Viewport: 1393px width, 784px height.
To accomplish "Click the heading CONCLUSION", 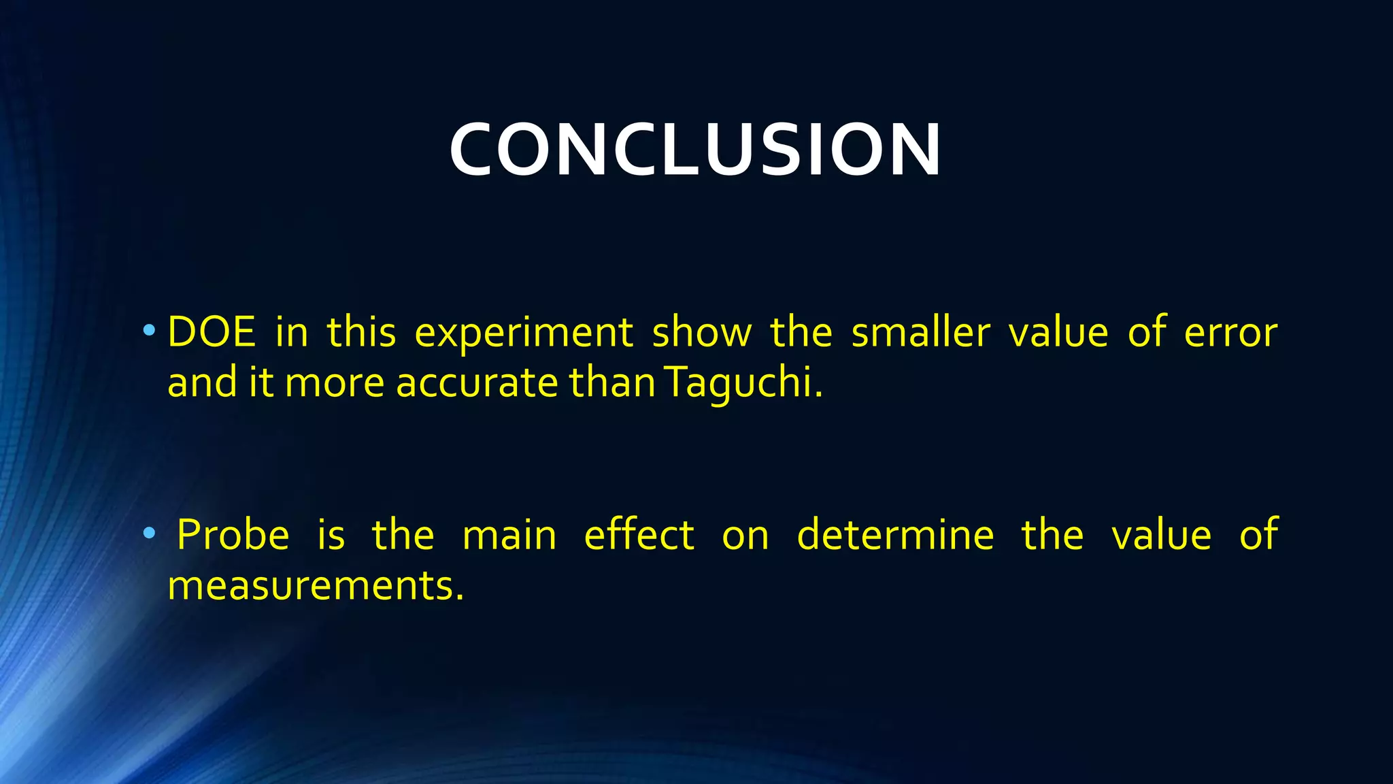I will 695,150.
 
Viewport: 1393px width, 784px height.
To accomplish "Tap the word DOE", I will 211,333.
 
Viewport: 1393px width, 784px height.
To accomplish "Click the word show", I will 702,333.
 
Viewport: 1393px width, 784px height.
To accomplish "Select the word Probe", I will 233,535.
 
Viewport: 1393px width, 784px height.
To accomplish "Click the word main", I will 509,536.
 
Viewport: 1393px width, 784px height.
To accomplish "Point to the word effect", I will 639,535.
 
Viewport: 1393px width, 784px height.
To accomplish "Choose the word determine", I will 895,535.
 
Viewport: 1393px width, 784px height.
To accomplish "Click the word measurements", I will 316,586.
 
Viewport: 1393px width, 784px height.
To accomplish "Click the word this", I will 361,333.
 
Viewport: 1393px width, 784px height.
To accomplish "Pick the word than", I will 612,383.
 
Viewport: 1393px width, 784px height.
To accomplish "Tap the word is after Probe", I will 331,535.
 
